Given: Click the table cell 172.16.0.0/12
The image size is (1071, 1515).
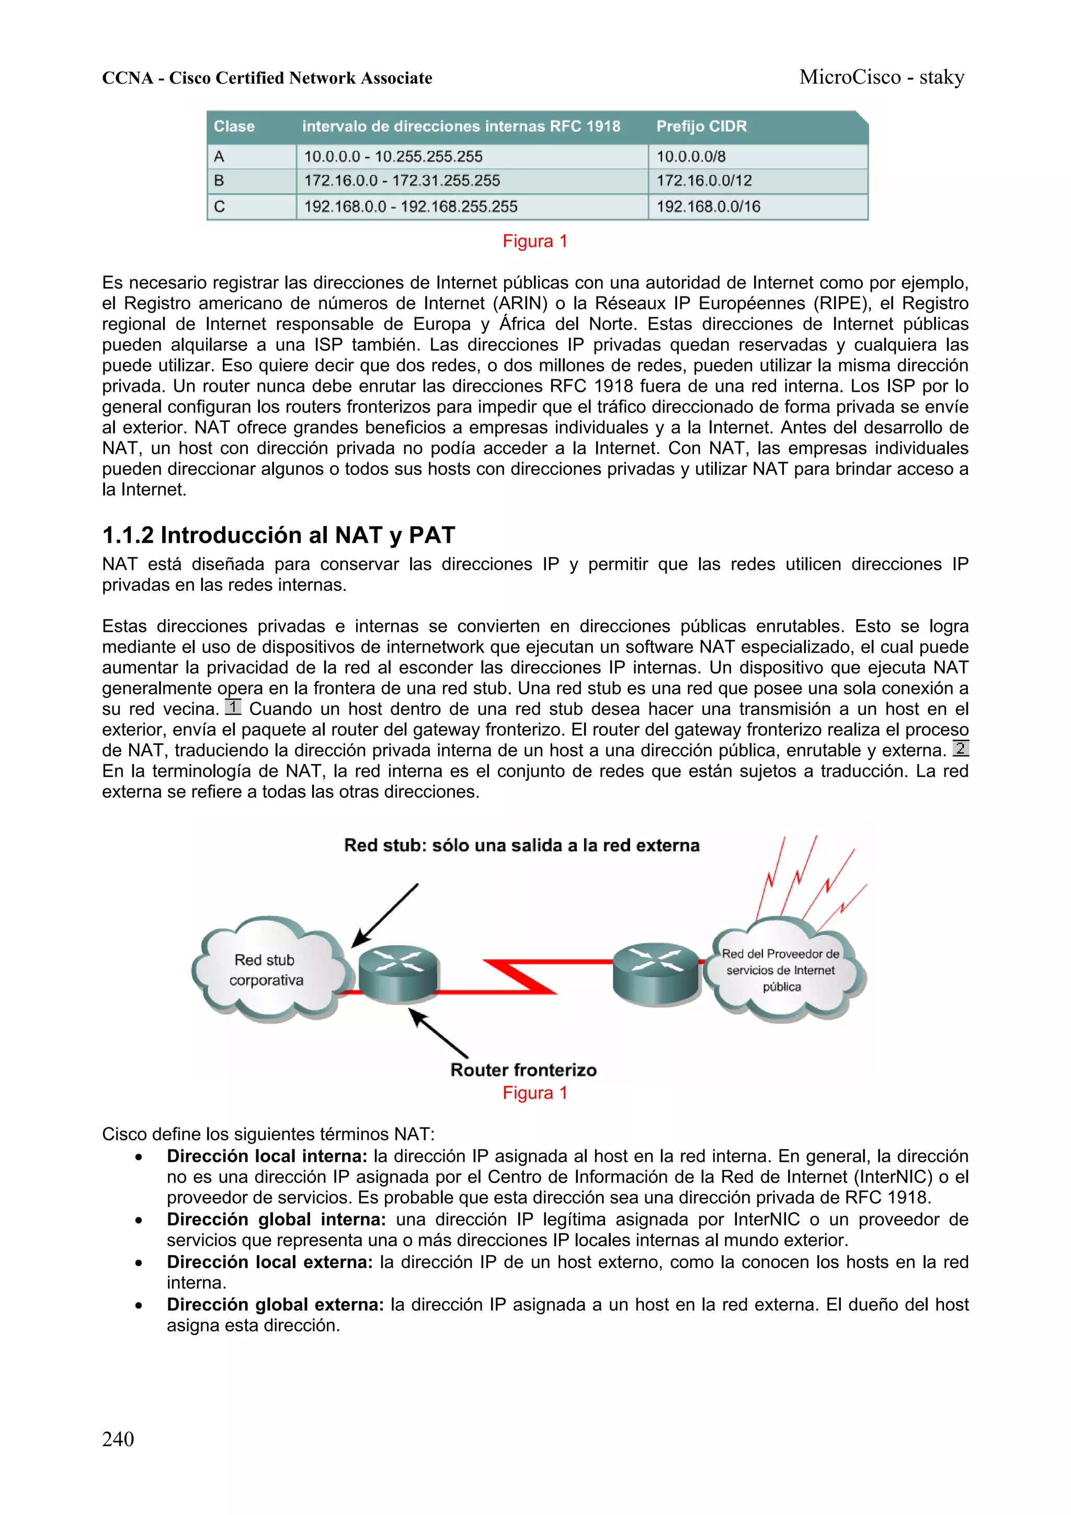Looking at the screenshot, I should tap(703, 181).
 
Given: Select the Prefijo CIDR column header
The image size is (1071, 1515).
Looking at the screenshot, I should tap(701, 126).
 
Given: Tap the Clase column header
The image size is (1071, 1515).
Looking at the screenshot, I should tap(234, 126).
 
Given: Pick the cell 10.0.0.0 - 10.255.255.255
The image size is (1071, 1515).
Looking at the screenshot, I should tap(393, 156).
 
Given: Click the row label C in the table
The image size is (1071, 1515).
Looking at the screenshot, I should tap(220, 207).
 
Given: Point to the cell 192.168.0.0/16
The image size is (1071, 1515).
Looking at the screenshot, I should tap(708, 207).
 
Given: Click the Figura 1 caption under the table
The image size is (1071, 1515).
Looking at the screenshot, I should tap(534, 242).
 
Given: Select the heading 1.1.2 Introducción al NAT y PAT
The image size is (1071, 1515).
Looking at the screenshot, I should tap(279, 534).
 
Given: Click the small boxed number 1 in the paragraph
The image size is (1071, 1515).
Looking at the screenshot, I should tap(233, 708).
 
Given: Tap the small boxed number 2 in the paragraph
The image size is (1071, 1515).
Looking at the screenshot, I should tap(960, 748).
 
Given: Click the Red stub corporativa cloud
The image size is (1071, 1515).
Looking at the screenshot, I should tap(266, 970).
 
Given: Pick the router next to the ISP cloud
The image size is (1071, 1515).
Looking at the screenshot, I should tap(655, 973).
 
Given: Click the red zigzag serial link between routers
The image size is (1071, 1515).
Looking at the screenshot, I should tap(521, 976).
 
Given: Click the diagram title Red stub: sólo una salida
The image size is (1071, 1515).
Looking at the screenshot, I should tap(521, 845).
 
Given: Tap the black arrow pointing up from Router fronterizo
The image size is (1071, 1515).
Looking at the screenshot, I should tap(438, 1033).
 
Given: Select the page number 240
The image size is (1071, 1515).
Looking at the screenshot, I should tap(118, 1439).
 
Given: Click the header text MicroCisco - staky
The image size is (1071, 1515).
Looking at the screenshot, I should tap(882, 77).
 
